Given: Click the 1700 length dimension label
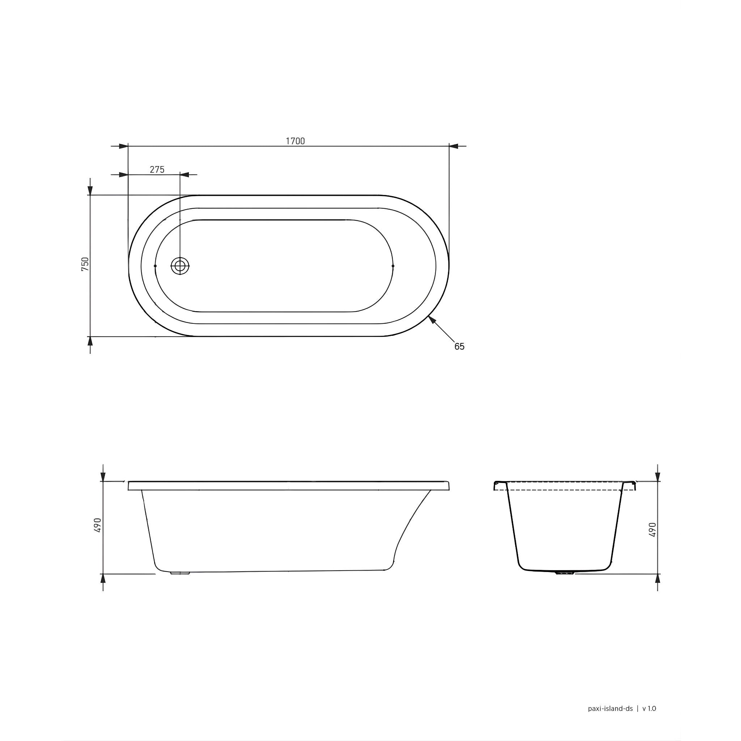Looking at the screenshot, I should coord(295,141).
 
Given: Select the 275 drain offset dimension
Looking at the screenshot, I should coord(157,170).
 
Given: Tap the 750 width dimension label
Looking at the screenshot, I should coord(85,264).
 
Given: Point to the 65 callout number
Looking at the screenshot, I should coord(459,346).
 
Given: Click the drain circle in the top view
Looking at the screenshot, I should coord(180,266).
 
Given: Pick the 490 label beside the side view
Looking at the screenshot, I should coord(97,525).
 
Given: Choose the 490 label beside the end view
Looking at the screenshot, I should coord(653,529).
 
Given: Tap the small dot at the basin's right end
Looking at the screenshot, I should coord(393,266).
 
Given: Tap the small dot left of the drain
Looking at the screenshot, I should coord(155,266).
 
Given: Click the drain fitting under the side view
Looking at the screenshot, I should coord(180,573).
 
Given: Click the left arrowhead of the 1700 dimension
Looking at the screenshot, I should coord(123,146).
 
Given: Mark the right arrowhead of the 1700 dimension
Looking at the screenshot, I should coord(453,146).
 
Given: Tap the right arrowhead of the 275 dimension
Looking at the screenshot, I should coord(184,175).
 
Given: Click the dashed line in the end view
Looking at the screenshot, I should coord(564,490).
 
